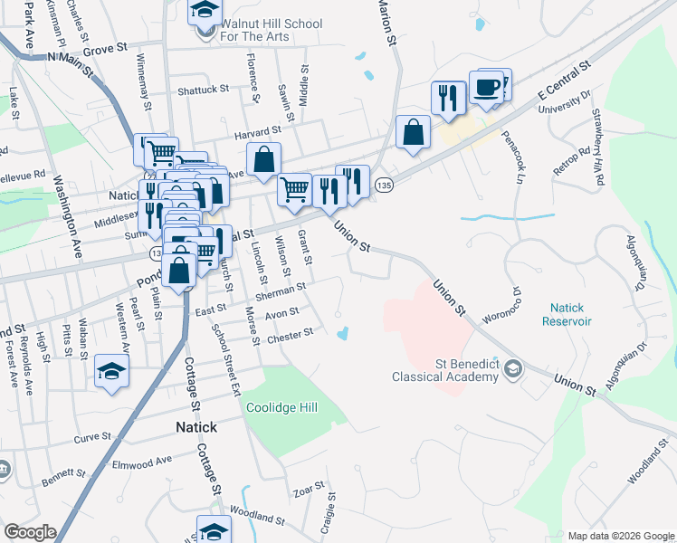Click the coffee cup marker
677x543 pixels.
486,88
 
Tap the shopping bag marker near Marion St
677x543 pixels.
413,132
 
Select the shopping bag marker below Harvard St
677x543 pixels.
262,159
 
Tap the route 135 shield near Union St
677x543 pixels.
385,184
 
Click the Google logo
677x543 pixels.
30,532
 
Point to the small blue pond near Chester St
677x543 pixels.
343,334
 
